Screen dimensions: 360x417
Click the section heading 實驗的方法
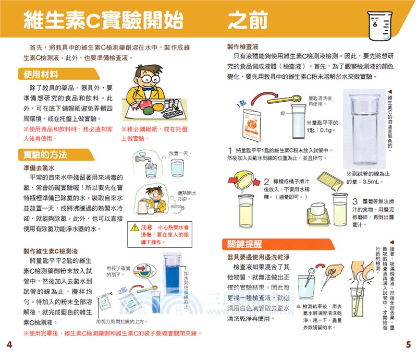(46, 155)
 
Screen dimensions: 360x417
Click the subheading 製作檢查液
(243, 46)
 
